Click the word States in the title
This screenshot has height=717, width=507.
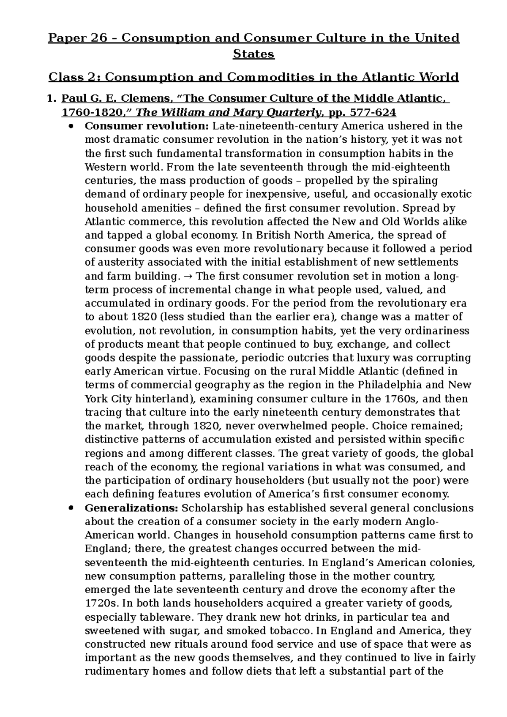click(x=253, y=54)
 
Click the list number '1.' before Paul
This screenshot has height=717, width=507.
click(x=52, y=99)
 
